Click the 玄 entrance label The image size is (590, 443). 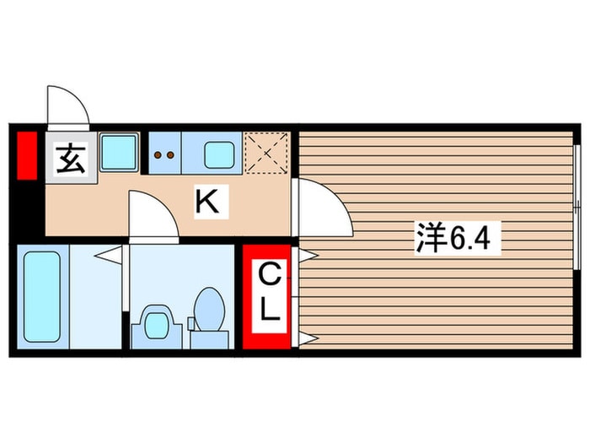tap(71, 159)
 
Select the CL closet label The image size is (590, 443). tap(268, 294)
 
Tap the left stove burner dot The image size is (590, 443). tap(158, 155)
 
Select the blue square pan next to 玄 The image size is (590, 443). tap(120, 153)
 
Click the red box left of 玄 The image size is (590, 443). tap(27, 155)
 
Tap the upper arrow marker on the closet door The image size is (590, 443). tap(307, 253)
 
